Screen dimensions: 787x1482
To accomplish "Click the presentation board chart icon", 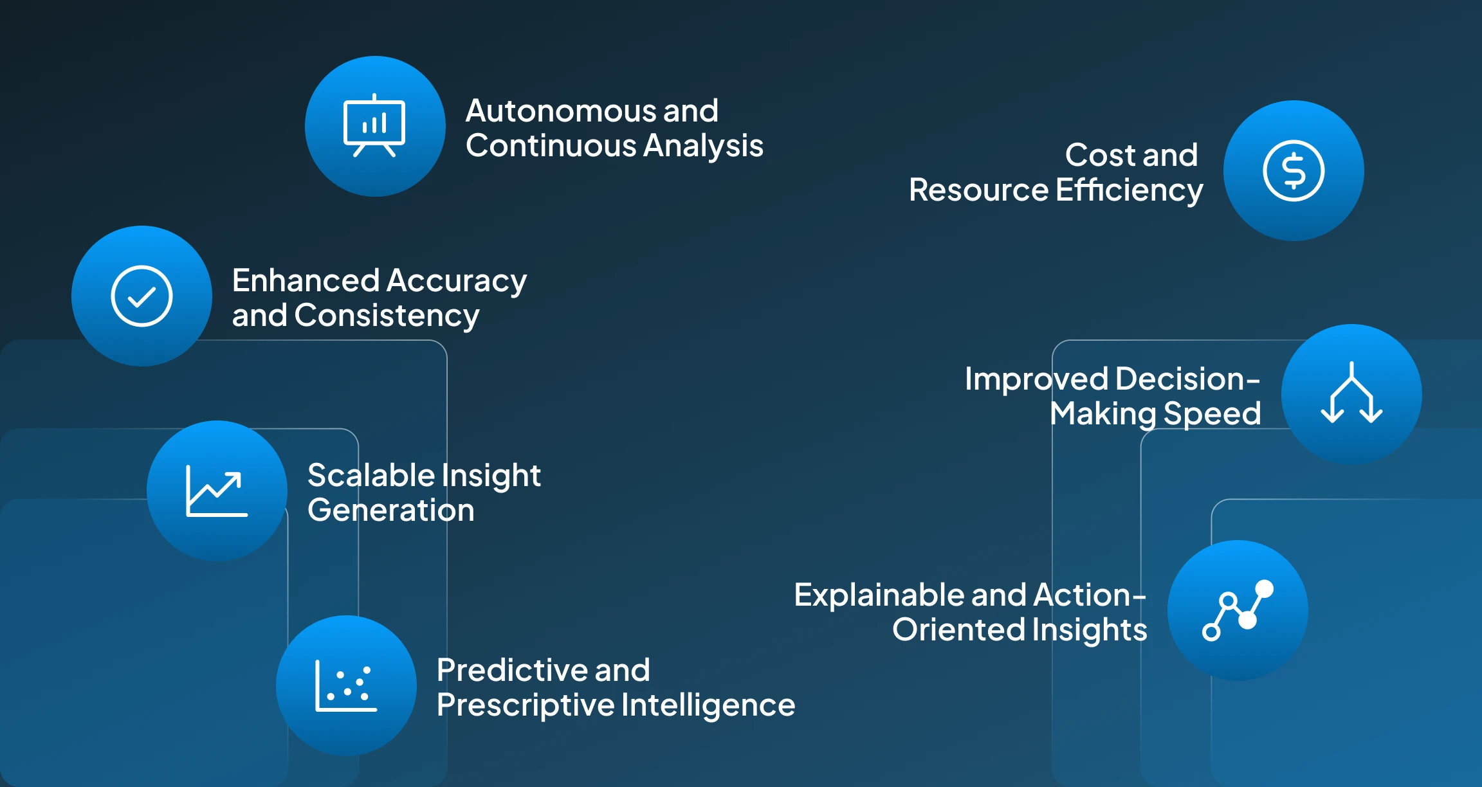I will [374, 126].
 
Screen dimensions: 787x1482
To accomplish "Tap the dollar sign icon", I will [1294, 171].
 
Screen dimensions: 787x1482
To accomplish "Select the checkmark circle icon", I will [142, 296].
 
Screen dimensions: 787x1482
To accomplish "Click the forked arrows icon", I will [1351, 394].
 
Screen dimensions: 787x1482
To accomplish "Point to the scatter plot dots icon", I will [346, 685].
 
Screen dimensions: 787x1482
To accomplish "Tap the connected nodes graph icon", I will [1238, 610].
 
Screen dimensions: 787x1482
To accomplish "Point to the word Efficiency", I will [1129, 190].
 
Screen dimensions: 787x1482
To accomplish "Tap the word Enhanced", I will [306, 281].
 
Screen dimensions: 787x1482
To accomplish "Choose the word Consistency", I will [387, 316].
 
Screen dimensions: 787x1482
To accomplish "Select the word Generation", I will [391, 511].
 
